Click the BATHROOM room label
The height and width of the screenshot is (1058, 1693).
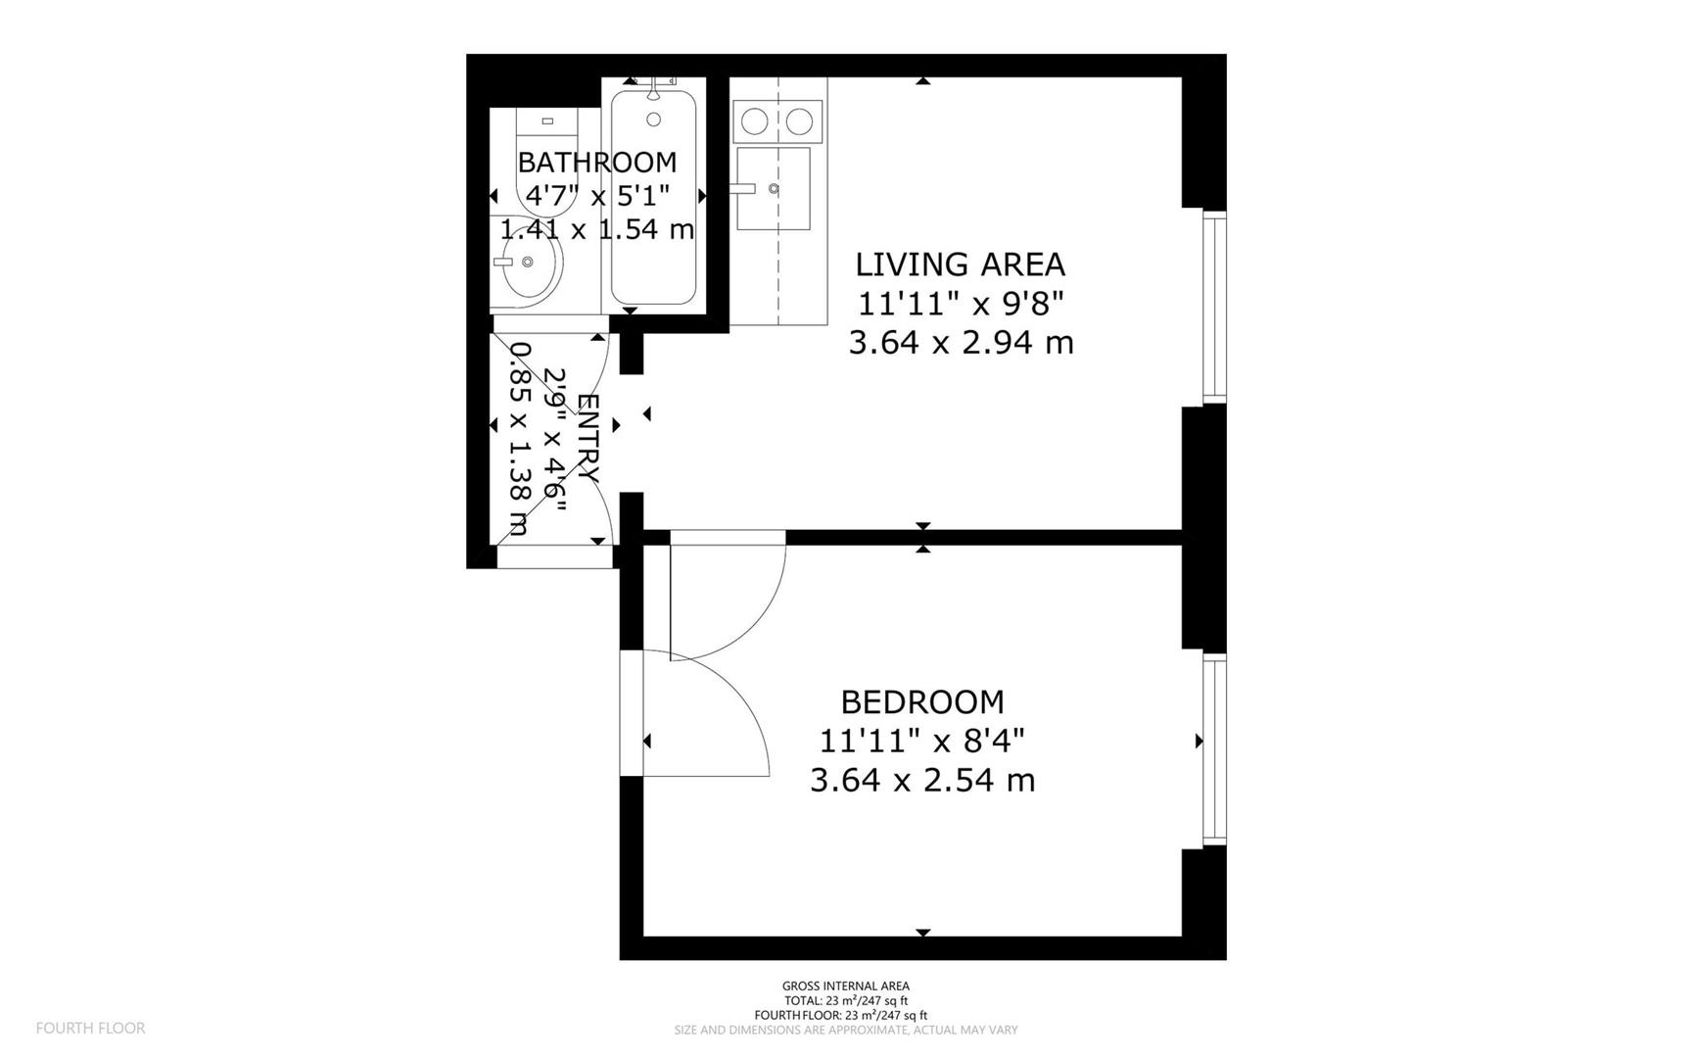[x=596, y=162]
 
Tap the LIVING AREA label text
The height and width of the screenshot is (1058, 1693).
[x=960, y=264]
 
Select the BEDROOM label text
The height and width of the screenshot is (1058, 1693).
[x=922, y=702]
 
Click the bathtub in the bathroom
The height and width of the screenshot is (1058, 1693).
[x=653, y=211]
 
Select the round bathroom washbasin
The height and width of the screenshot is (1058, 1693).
[x=529, y=263]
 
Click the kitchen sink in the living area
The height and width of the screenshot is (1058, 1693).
[x=774, y=188]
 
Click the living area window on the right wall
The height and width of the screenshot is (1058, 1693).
[x=1213, y=307]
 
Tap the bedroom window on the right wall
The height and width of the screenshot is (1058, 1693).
[x=1213, y=749]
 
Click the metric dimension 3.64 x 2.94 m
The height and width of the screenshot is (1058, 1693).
[x=960, y=343]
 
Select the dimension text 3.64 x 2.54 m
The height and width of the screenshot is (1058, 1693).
[x=922, y=781]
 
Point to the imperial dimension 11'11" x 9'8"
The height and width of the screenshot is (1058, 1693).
[x=960, y=305]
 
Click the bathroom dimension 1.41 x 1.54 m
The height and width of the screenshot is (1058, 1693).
[x=596, y=229]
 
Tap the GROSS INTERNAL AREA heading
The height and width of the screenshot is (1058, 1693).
[x=845, y=986]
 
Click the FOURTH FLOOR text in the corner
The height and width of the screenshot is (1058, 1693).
[x=90, y=1029]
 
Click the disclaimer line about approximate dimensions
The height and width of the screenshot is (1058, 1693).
[x=845, y=1031]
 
